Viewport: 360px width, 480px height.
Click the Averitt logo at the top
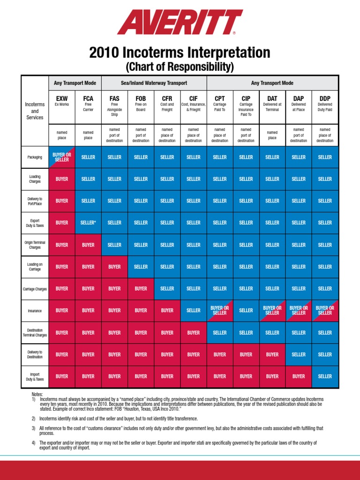pos(180,22)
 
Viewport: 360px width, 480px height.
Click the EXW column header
pos(62,98)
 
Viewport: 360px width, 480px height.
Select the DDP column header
pos(325,98)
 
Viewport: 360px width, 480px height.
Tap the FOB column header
pos(141,98)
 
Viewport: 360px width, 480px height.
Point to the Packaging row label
pos(35,157)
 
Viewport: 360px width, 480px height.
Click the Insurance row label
pos(35,311)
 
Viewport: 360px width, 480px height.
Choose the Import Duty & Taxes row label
pos(35,376)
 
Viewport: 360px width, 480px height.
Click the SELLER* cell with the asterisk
pos(88,223)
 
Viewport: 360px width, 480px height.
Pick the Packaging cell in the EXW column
pos(62,157)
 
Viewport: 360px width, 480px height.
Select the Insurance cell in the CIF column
pos(193,310)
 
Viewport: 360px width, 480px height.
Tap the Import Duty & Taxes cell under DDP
pos(325,376)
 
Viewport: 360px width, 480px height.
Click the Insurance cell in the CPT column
pos(220,310)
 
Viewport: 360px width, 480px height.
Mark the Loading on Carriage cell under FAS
pos(114,267)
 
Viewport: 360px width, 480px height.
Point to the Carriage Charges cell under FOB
pos(141,289)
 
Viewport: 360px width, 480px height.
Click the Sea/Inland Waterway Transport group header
pos(154,83)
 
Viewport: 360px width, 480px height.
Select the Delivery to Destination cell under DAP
pos(299,354)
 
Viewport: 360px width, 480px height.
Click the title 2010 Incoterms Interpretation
pos(180,52)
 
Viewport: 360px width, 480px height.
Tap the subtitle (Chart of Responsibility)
pos(180,67)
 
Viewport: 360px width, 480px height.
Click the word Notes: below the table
pos(37,395)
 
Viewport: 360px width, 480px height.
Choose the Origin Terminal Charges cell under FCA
pos(88,245)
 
